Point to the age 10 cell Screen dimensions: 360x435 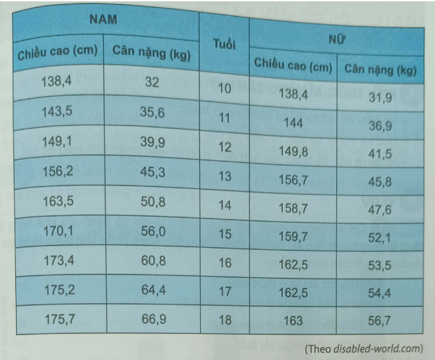224,89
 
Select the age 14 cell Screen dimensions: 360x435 224,206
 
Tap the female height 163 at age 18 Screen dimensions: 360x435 292,321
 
